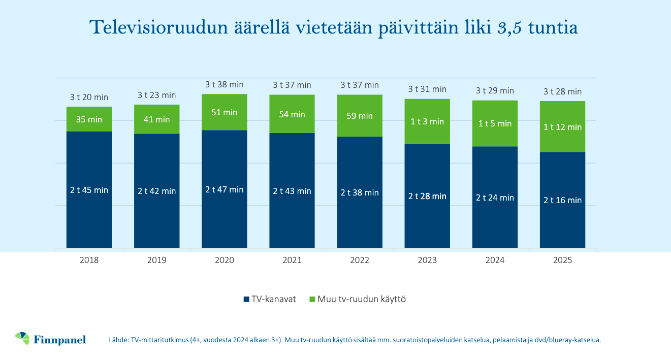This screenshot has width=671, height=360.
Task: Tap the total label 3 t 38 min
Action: (x=224, y=84)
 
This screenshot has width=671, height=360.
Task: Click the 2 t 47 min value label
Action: (x=224, y=189)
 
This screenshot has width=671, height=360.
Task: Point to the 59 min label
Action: (x=360, y=116)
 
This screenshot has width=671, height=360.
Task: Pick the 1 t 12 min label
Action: (x=562, y=127)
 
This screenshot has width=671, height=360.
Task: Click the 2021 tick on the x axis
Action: (x=292, y=260)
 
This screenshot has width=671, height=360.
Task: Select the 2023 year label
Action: (x=427, y=260)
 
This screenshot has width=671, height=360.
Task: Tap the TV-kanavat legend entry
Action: (x=269, y=299)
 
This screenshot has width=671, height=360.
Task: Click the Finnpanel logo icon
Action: (x=23, y=338)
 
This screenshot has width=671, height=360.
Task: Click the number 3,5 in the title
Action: (x=510, y=28)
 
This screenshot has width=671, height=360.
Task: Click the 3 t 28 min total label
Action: (x=562, y=91)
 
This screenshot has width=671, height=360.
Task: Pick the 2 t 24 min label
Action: (x=495, y=198)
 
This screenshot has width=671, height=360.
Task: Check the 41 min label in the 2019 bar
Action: (x=156, y=119)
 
